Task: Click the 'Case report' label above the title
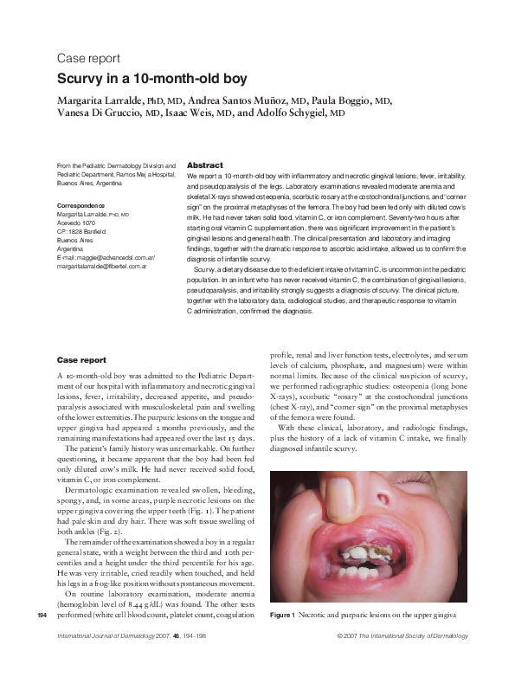tap(82, 59)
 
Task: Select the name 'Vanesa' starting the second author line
tap(75, 113)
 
